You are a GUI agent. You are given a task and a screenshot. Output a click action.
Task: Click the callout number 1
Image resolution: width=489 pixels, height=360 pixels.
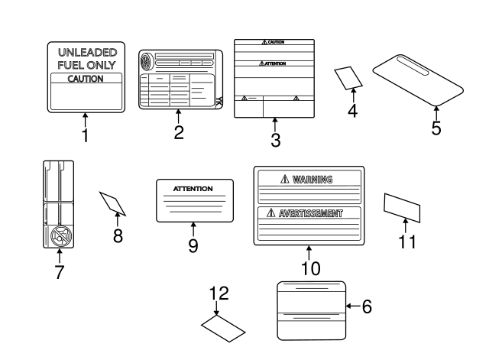(x=85, y=136)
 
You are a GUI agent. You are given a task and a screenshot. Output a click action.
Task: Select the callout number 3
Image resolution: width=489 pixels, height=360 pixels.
(x=275, y=140)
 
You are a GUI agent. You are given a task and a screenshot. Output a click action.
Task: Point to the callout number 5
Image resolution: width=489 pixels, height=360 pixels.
(x=436, y=128)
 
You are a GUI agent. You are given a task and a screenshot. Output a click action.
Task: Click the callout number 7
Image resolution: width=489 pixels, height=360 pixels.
(x=59, y=272)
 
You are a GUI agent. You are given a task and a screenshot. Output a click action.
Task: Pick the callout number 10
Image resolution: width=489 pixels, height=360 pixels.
(x=309, y=268)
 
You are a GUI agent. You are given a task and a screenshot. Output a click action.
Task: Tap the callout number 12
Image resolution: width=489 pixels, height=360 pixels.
(x=219, y=293)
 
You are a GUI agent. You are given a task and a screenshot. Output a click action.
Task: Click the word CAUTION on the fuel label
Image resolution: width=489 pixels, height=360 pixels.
(x=85, y=78)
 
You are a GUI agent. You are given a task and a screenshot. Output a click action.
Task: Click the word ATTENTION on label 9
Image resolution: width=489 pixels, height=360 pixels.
(x=193, y=188)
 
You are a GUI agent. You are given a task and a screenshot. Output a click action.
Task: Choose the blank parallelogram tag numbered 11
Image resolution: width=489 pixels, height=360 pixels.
(x=402, y=206)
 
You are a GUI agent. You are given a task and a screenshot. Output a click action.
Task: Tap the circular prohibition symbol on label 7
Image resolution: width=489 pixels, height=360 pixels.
(x=58, y=238)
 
